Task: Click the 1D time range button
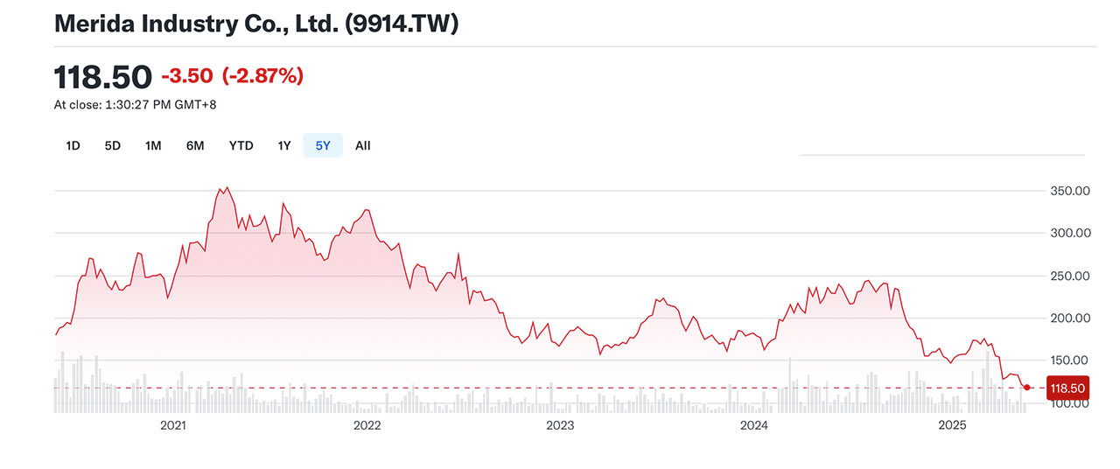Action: pyautogui.click(x=73, y=146)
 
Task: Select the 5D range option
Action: pyautogui.click(x=112, y=146)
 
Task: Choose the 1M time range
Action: pyautogui.click(x=153, y=146)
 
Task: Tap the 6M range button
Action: pyautogui.click(x=195, y=146)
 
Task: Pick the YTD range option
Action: pyautogui.click(x=241, y=146)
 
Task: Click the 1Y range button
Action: pyautogui.click(x=283, y=146)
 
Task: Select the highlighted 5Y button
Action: pyautogui.click(x=323, y=146)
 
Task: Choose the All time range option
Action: pyautogui.click(x=362, y=146)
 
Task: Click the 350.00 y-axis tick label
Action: pyautogui.click(x=1069, y=191)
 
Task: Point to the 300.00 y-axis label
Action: pyautogui.click(x=1069, y=234)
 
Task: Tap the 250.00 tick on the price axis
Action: pyautogui.click(x=1069, y=276)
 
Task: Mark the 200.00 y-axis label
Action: pyautogui.click(x=1069, y=318)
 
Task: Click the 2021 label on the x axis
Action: pyautogui.click(x=173, y=425)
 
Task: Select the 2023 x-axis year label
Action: pyautogui.click(x=560, y=425)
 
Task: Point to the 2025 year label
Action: pyautogui.click(x=951, y=425)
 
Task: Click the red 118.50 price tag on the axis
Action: pyautogui.click(x=1067, y=388)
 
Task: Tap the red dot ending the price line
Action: pyautogui.click(x=1026, y=387)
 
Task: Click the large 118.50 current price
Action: pyautogui.click(x=103, y=77)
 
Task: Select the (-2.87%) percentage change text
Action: pyautogui.click(x=262, y=76)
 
